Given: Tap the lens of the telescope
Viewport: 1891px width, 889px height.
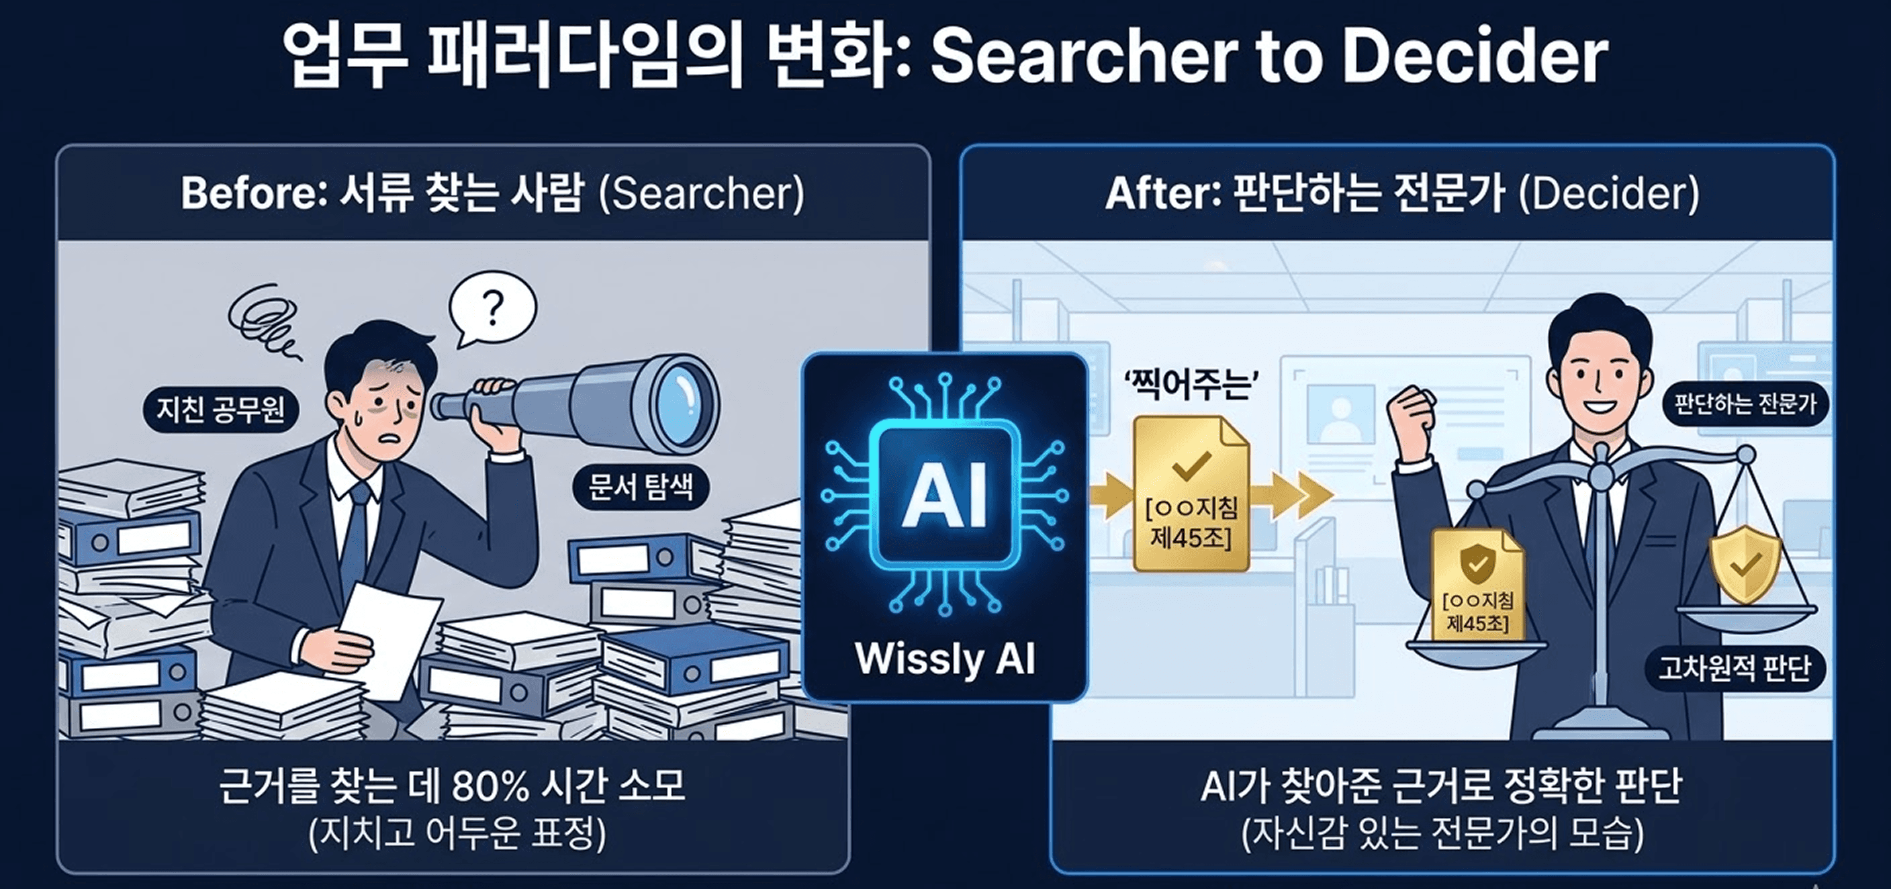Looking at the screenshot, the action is pos(680,403).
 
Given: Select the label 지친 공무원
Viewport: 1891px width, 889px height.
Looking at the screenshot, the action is pos(220,409).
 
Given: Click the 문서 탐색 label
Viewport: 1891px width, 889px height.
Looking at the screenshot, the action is pos(641,486).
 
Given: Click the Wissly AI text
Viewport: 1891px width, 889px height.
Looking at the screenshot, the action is pos(945,659).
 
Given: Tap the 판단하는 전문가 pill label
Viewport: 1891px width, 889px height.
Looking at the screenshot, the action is pos(1745,403).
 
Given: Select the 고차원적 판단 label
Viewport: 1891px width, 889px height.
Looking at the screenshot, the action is pos(1735,668).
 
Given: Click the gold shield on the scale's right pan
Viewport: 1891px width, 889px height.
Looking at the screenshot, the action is pos(1746,563).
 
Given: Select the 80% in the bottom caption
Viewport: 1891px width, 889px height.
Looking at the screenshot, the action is pos(490,786).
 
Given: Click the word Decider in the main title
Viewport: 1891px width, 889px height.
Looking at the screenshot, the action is pos(1475,56).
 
